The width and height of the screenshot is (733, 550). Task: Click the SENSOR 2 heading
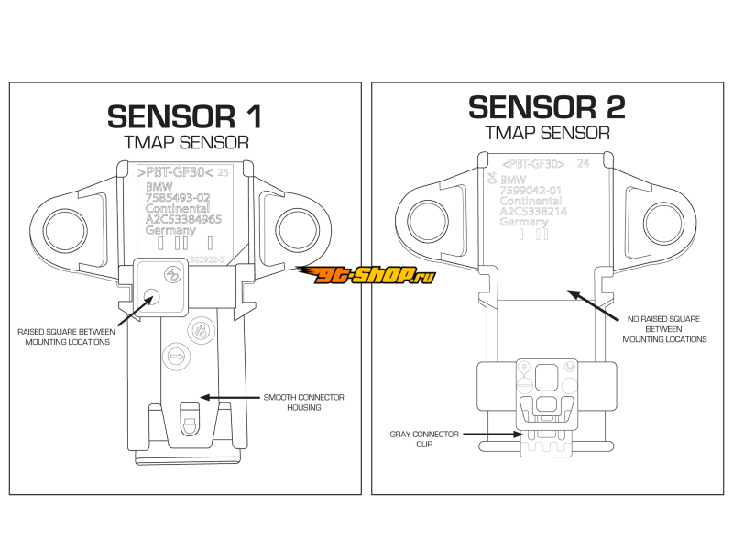547,107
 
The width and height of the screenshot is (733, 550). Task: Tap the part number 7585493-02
179,196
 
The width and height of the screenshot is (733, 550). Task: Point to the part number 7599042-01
531,189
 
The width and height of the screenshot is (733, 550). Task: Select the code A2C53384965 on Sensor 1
184,219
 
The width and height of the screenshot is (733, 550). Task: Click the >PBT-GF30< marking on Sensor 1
174,171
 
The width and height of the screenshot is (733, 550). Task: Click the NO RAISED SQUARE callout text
665,328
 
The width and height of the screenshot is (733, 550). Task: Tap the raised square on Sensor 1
160,285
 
